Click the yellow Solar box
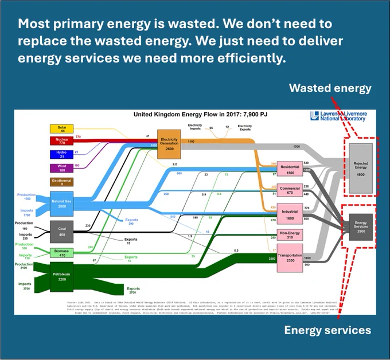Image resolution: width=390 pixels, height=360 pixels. point(61,130)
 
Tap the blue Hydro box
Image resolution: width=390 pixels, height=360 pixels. point(61,154)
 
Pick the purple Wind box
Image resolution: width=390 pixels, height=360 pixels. point(61,167)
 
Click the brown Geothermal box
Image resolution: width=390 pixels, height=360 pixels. point(61,182)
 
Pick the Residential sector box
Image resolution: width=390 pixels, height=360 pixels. point(290,169)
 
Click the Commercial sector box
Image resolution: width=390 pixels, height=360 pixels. point(290,190)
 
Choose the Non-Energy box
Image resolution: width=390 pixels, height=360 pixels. point(290,234)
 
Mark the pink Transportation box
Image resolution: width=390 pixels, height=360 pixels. point(290,259)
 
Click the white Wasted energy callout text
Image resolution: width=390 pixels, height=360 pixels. point(330,88)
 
